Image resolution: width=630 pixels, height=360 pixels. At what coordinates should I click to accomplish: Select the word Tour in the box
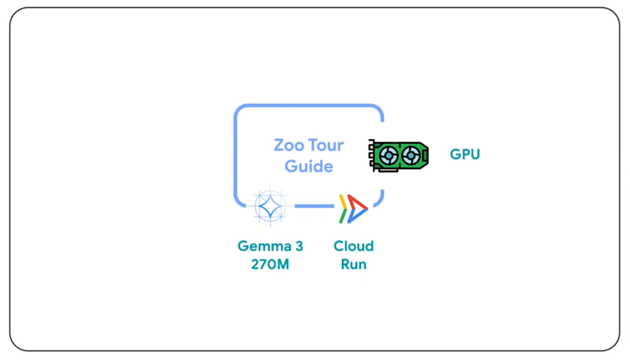pos(326,145)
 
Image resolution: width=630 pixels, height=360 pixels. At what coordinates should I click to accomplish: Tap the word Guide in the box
pos(309,166)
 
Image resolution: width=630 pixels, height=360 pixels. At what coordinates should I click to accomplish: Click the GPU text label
pos(465,155)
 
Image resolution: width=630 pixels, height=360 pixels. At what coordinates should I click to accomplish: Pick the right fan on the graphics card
pos(411,156)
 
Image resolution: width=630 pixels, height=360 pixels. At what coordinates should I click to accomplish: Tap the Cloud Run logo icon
pos(353,209)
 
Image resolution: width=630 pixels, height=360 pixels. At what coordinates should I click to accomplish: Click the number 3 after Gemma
pos(299,246)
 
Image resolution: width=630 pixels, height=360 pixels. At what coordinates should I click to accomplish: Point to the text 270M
pos(270,265)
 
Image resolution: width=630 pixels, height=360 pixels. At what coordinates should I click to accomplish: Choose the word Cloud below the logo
pos(353,246)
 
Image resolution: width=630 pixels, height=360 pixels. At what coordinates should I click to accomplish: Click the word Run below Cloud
pos(353,265)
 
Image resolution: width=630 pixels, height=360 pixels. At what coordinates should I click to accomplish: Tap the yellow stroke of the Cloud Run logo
pos(343,202)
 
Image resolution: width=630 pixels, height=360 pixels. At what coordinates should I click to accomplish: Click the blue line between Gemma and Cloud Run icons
pos(314,206)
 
